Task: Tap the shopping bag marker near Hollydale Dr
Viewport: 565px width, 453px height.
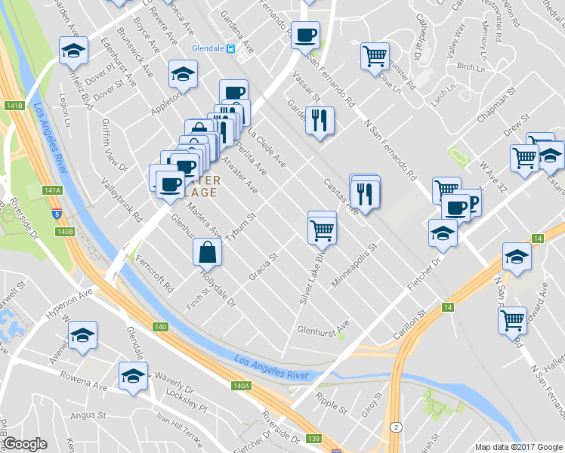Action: tap(207, 252)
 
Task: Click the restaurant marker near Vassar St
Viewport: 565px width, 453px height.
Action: tap(320, 121)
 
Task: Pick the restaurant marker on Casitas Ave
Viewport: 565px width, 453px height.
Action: tap(366, 194)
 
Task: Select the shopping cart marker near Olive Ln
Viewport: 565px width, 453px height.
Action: tap(375, 56)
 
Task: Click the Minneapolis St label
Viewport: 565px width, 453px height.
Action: tap(354, 260)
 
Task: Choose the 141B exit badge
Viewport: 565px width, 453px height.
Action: tap(14, 106)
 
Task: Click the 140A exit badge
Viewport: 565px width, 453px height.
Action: tap(241, 386)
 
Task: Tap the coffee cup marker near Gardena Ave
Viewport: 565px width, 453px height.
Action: tap(305, 35)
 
